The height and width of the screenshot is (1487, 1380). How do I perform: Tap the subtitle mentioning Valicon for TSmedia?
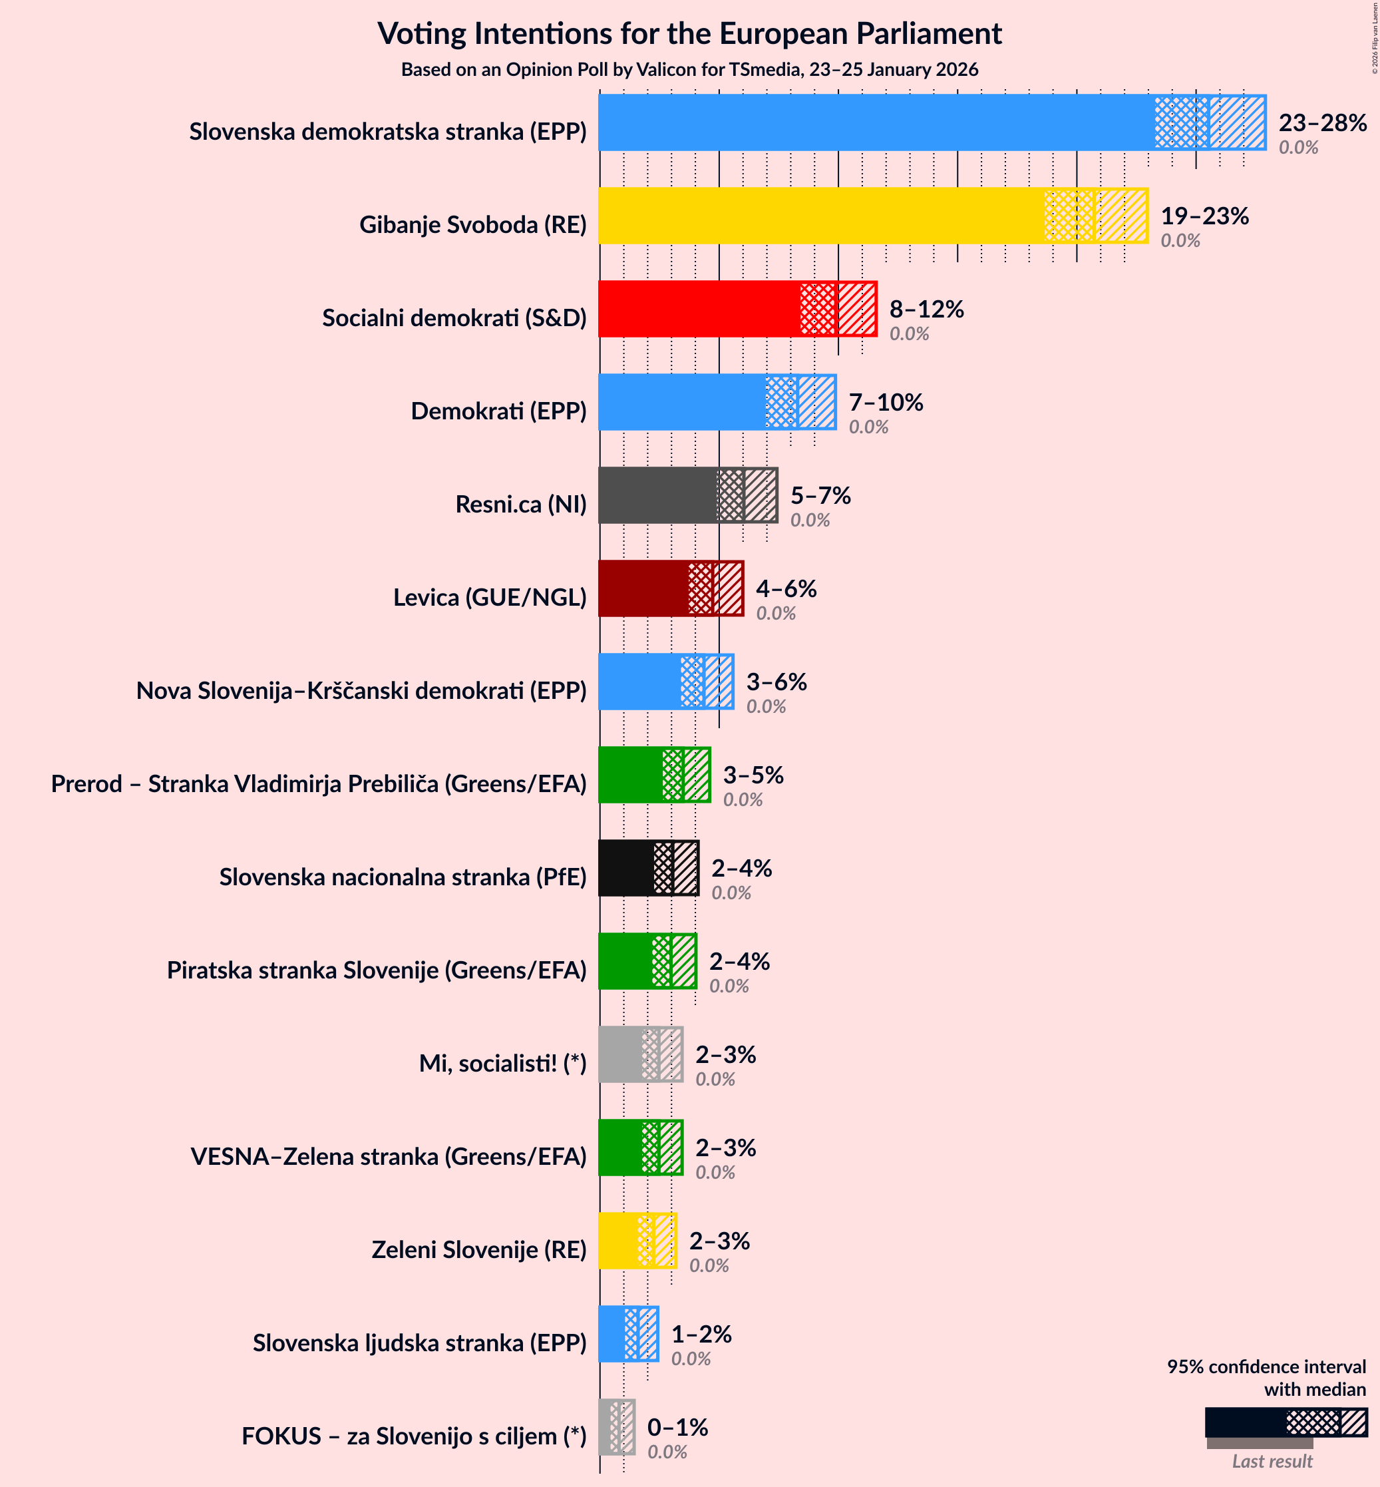689,69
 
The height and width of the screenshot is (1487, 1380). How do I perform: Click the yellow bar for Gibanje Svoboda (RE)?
822,216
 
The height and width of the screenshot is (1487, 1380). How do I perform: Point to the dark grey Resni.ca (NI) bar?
657,495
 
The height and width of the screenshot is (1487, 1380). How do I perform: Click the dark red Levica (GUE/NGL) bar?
643,588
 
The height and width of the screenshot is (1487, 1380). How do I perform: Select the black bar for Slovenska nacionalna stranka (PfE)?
625,868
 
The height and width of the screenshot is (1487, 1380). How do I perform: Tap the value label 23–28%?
1321,122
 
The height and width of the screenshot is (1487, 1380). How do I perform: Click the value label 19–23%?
1204,216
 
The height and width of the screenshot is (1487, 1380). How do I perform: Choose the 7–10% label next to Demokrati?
886,403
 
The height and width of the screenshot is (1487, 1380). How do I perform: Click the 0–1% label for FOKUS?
677,1427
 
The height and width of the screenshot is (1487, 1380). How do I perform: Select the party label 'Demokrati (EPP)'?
498,411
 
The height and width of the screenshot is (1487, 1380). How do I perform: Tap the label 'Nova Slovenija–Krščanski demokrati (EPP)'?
361,690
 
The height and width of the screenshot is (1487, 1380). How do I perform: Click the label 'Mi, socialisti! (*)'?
502,1063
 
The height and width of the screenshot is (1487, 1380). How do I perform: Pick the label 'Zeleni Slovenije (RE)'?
478,1249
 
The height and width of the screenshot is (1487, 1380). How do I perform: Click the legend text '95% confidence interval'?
1266,1367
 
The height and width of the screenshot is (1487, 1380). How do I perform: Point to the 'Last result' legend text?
1272,1462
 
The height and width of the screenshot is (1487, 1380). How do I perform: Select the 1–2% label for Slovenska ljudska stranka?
701,1334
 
